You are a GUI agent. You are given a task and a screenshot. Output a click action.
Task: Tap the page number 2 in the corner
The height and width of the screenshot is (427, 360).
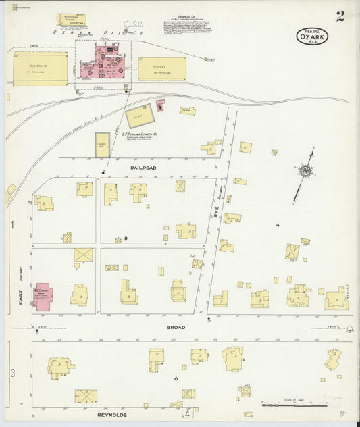click(x=340, y=15)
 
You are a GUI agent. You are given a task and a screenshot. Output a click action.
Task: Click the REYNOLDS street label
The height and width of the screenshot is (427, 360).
click(x=111, y=414)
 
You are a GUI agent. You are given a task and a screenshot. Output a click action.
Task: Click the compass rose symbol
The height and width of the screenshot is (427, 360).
click(x=306, y=172)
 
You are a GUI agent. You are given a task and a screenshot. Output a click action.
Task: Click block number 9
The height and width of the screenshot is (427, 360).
click(x=125, y=239)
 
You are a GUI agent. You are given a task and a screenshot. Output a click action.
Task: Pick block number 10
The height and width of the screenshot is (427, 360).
click(x=175, y=378)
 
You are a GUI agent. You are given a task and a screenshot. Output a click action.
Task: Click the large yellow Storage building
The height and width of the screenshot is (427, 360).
click(x=162, y=68)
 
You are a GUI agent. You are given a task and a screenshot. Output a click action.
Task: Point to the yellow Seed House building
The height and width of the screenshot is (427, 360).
click(x=40, y=68)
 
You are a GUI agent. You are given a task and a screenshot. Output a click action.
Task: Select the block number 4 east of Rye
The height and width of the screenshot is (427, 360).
click(x=277, y=224)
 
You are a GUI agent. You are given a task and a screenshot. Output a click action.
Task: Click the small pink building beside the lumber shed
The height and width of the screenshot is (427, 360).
click(x=159, y=105)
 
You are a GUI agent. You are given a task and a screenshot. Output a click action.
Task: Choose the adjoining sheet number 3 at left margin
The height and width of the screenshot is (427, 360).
click(x=11, y=372)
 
